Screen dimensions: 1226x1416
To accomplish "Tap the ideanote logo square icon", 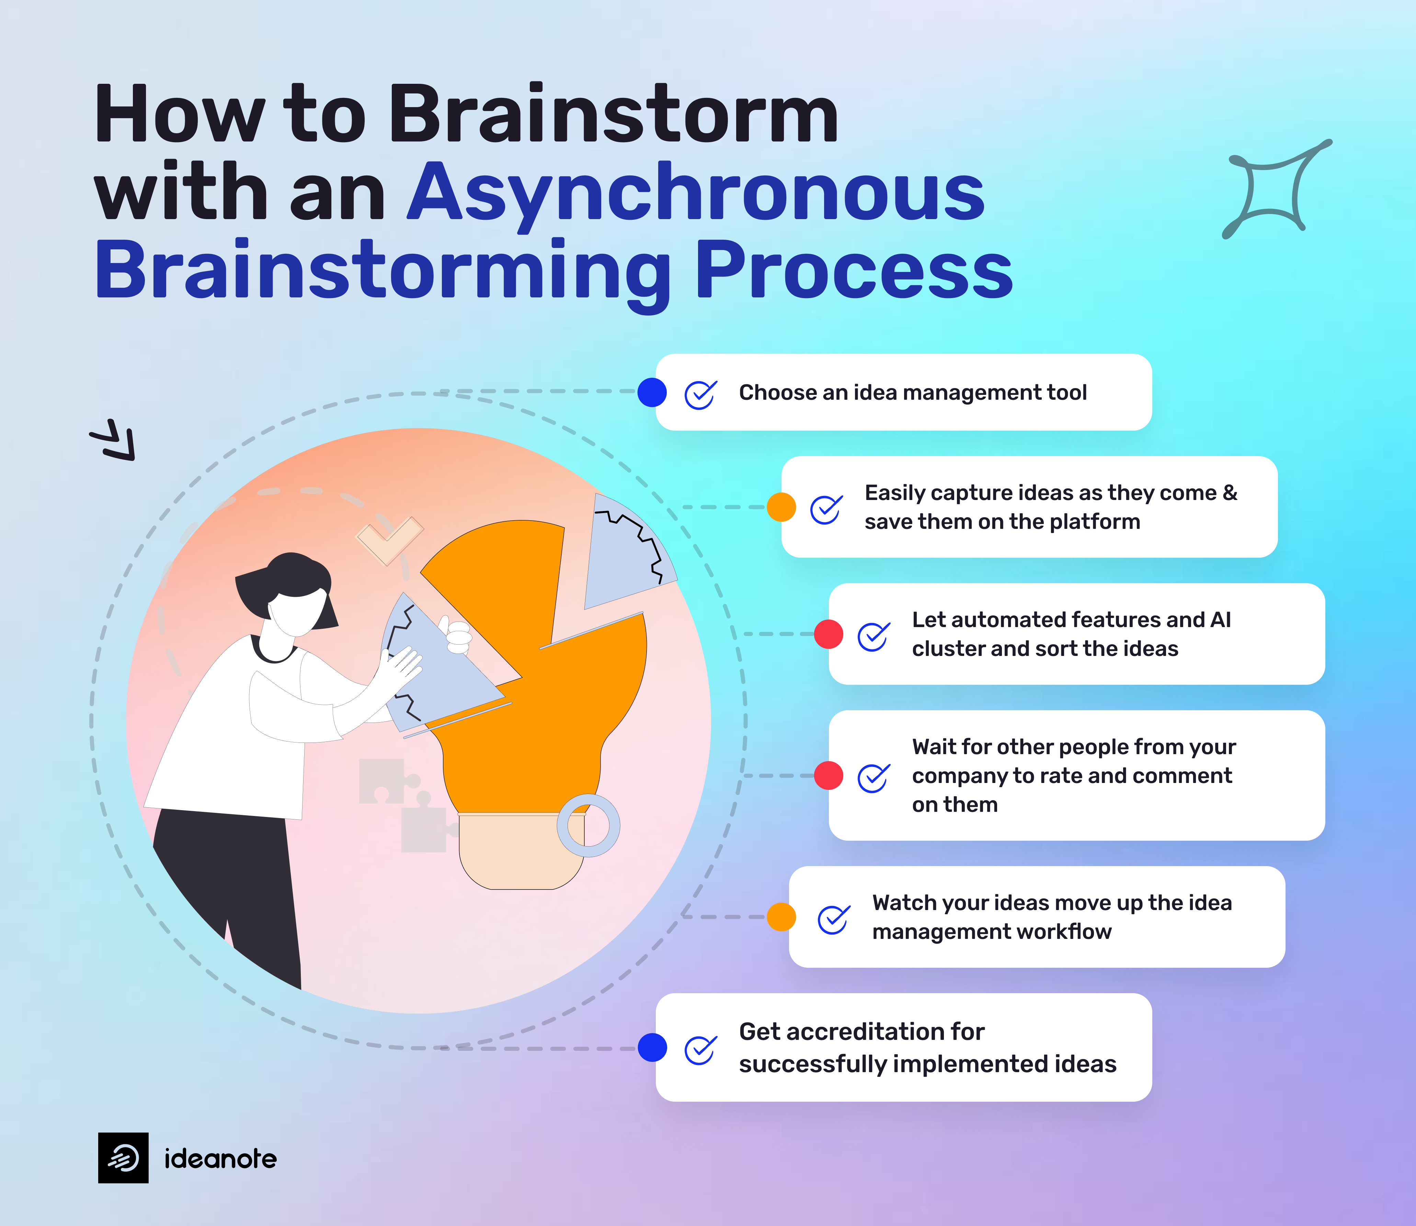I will pos(123,1158).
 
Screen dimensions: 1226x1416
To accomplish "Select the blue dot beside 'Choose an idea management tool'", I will pos(652,392).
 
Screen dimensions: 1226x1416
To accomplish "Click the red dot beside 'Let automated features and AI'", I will pos(829,634).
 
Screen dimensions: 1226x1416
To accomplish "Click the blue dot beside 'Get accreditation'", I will pos(652,1047).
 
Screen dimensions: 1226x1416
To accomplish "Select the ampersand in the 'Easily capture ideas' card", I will pos(1230,492).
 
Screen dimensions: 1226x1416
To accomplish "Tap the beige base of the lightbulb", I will pos(520,852).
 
